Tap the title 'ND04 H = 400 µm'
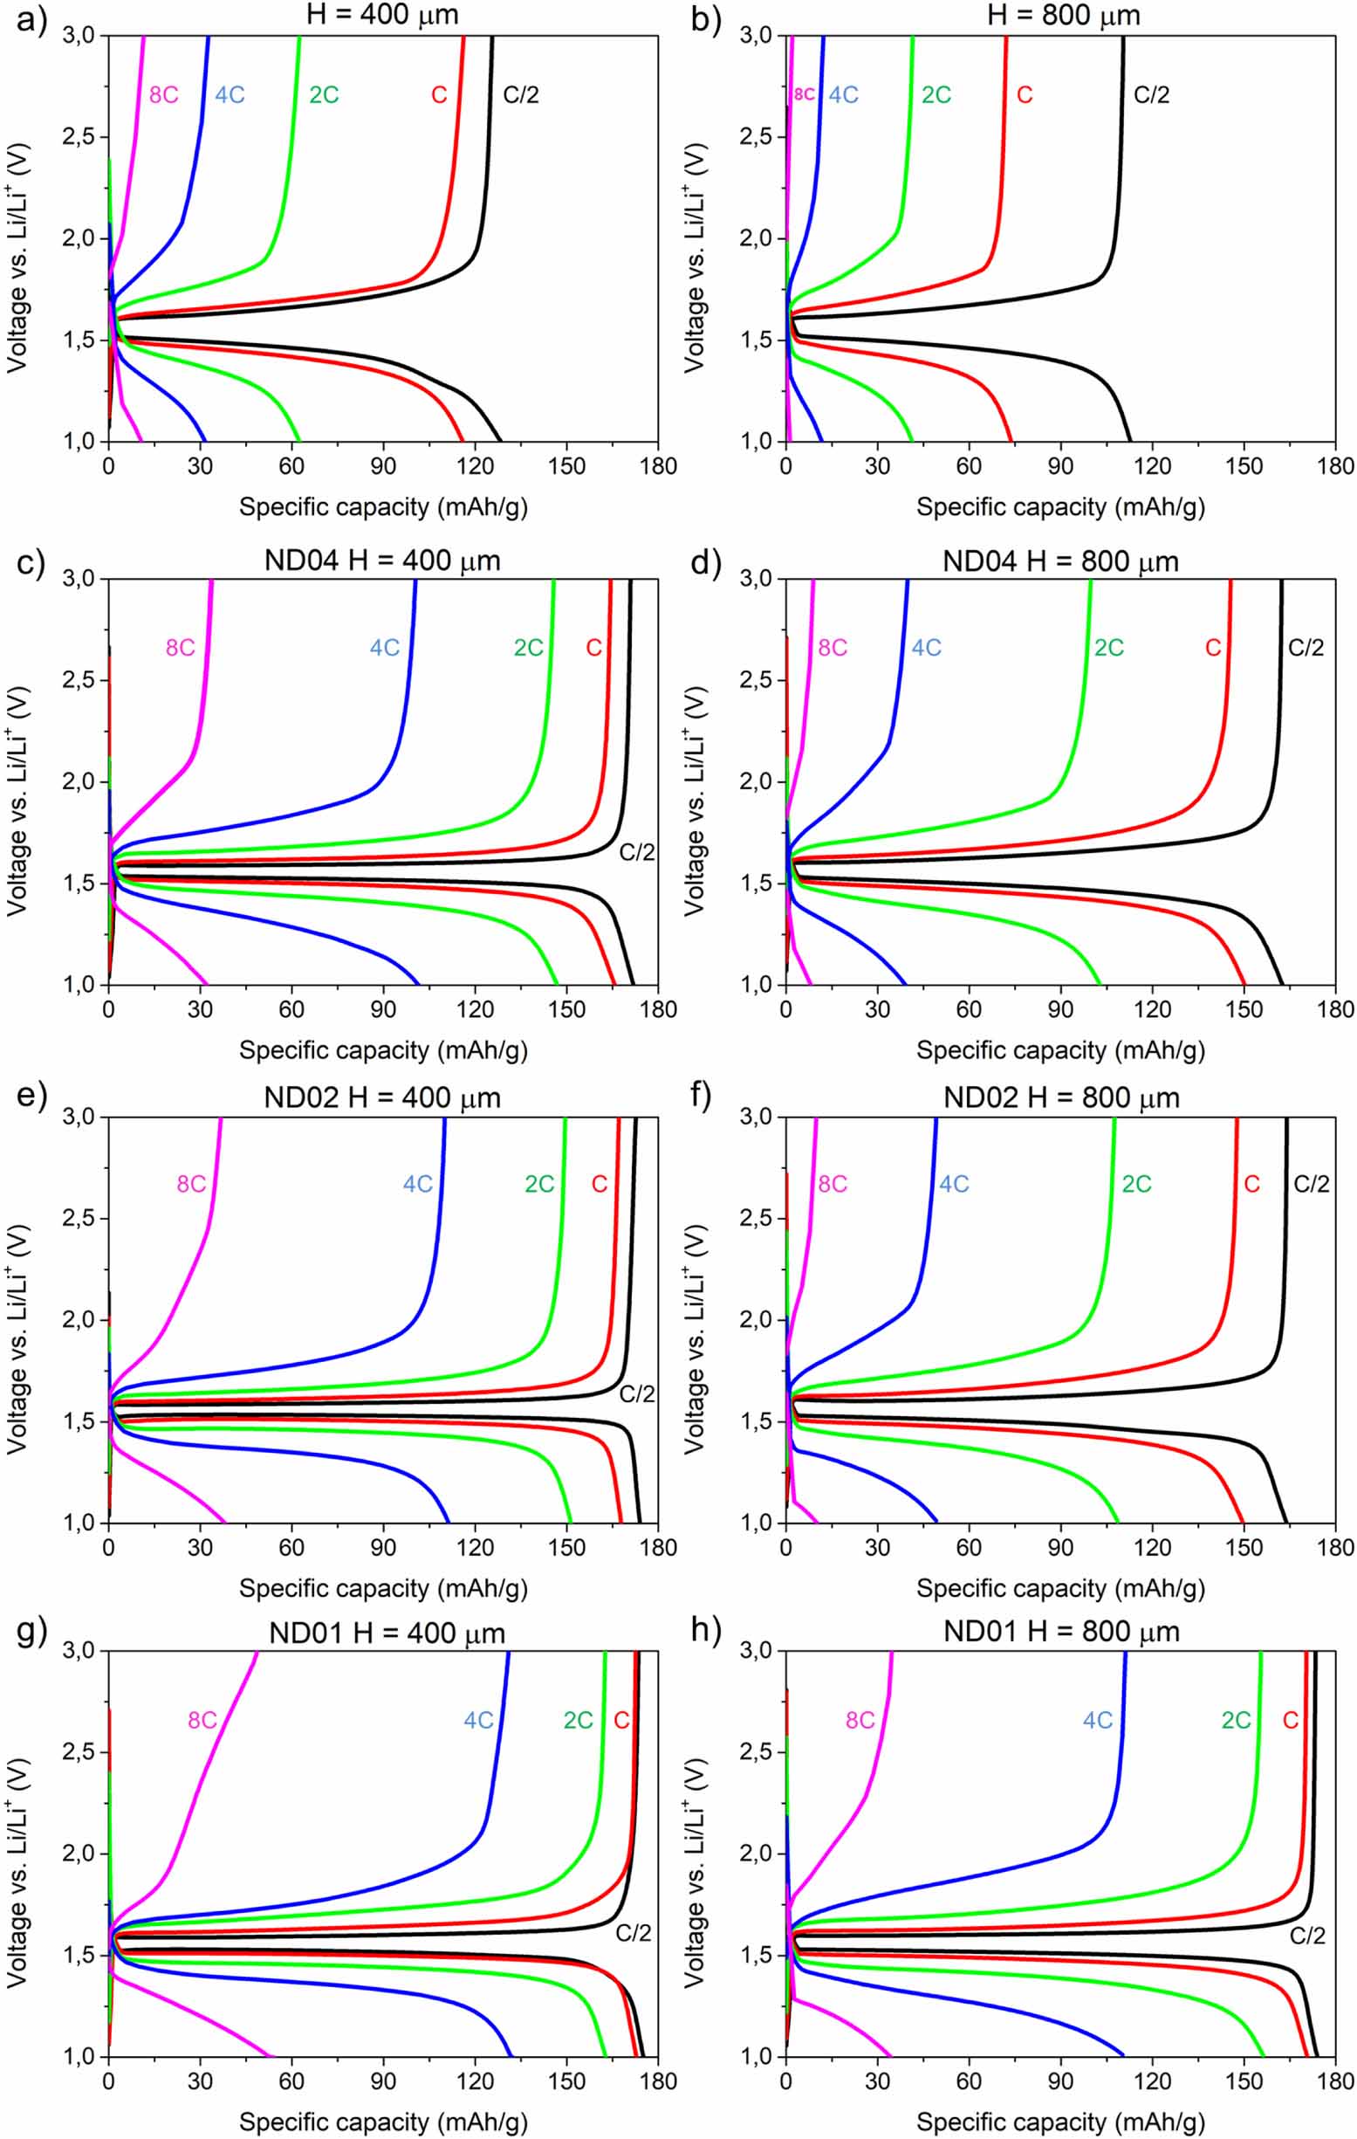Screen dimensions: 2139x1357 (x=382, y=561)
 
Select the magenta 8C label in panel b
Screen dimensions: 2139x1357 (x=804, y=94)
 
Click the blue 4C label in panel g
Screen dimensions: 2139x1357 (x=478, y=1721)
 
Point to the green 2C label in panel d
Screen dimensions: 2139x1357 (x=1108, y=648)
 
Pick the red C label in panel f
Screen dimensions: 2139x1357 (x=1251, y=1184)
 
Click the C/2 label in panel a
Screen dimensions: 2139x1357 (x=520, y=94)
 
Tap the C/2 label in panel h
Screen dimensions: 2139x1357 (x=1306, y=1936)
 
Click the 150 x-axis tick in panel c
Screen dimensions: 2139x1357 (x=566, y=1010)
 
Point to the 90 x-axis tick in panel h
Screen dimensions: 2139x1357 (x=1060, y=2081)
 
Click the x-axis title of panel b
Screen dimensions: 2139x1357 (x=1060, y=507)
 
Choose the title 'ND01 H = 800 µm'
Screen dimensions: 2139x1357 (x=1061, y=1632)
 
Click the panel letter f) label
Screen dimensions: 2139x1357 (x=706, y=1098)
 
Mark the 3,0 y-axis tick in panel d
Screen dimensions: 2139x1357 (x=761, y=579)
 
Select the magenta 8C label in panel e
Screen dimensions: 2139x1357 (x=191, y=1184)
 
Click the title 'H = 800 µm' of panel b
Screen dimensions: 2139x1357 (x=1063, y=15)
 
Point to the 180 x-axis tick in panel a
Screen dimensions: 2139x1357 (x=658, y=466)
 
